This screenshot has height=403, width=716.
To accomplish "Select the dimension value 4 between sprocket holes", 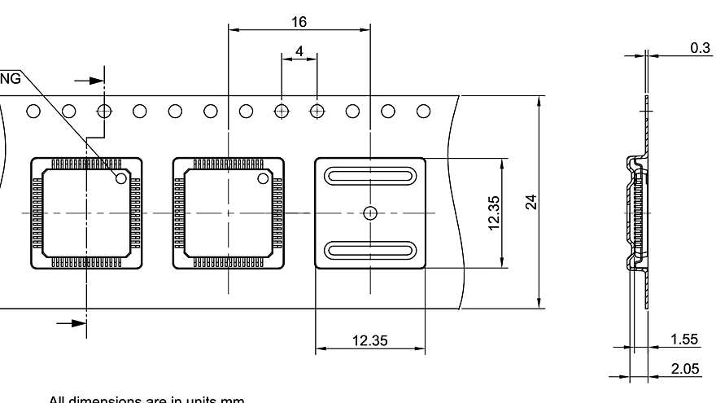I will coord(299,50).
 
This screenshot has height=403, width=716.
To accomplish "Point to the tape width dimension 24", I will coord(530,202).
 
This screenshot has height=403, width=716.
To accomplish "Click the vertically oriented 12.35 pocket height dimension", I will coord(494,212).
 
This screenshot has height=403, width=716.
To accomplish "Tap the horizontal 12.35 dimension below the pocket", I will coord(369,340).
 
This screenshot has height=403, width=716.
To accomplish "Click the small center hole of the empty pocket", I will coord(370,213).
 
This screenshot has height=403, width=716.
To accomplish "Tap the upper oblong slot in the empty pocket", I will coord(370,177).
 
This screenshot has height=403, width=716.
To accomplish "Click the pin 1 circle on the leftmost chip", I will coord(121,177).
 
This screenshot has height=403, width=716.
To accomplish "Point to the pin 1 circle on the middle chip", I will coord(264,177).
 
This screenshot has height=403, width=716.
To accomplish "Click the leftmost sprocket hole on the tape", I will coord(33,111).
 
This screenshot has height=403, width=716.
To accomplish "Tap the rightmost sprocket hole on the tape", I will coord(423,111).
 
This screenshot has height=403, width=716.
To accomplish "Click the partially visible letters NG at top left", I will coord(11,79).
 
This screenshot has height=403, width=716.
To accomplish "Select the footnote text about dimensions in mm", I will coord(146,399).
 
